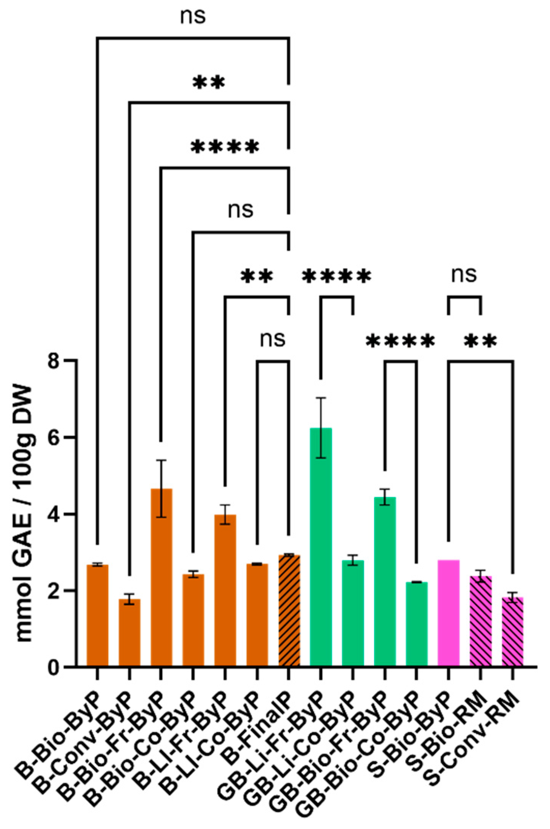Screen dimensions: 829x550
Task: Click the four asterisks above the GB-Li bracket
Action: click(336, 276)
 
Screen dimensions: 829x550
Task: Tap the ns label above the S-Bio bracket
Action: click(464, 274)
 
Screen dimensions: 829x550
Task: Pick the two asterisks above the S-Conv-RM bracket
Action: click(480, 340)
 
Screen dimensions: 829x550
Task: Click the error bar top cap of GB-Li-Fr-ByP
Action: click(321, 398)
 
